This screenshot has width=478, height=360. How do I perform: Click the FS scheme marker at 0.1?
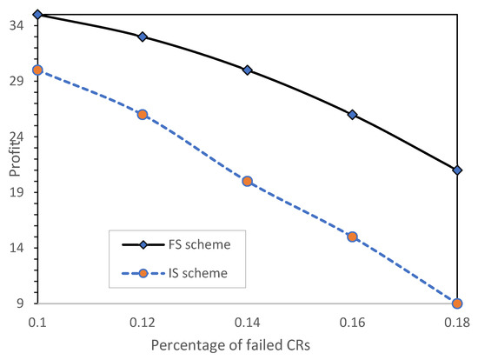click(x=37, y=15)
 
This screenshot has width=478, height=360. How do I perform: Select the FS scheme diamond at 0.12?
click(x=143, y=37)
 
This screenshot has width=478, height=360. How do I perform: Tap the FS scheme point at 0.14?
click(x=247, y=70)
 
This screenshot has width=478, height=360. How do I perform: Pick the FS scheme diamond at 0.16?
click(x=352, y=115)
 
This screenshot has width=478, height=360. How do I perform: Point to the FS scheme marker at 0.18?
click(x=457, y=170)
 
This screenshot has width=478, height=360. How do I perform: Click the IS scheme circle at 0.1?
click(x=37, y=70)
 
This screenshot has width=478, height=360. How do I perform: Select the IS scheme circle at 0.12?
click(x=143, y=114)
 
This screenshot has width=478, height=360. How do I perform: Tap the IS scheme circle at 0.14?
click(x=247, y=181)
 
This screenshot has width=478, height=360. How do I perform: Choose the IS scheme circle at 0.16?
click(x=352, y=237)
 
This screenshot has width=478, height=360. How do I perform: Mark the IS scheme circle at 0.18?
click(x=457, y=303)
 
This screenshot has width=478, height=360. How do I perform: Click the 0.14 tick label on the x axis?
click(x=247, y=322)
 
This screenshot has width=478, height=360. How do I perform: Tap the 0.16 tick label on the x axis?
click(x=352, y=322)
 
